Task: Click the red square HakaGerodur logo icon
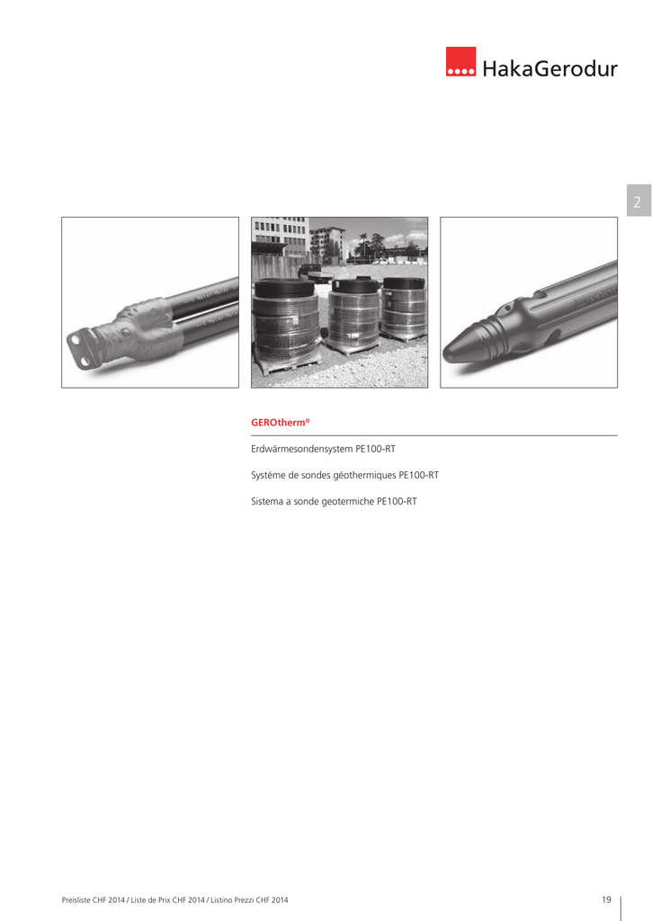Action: [x=460, y=62]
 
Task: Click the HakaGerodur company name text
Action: [x=549, y=68]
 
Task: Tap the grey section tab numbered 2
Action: [x=639, y=201]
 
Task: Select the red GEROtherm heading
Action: [x=281, y=423]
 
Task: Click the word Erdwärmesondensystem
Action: [x=302, y=450]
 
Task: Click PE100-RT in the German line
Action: [x=375, y=450]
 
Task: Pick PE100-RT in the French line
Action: [x=419, y=475]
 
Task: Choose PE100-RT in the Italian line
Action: [x=397, y=502]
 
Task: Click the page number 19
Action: [x=607, y=899]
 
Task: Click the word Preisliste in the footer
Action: [x=76, y=899]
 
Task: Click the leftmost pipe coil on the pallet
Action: [x=286, y=319]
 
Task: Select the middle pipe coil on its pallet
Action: [x=353, y=313]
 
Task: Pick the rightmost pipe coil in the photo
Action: [x=404, y=307]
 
